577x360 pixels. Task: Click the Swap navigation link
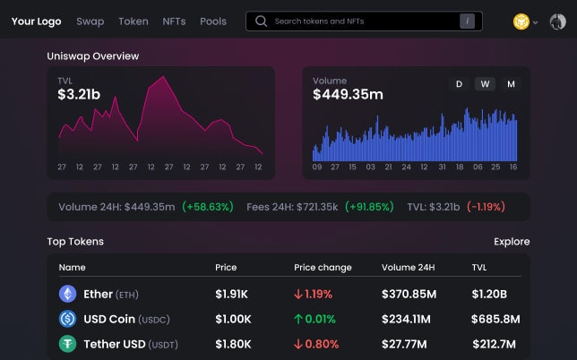tap(90, 21)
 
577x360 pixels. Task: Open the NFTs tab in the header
tap(174, 21)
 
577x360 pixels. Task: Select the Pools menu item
tap(213, 21)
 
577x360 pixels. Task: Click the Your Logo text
tap(36, 21)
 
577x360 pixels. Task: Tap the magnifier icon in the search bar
tap(262, 21)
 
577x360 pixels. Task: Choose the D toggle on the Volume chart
tap(459, 84)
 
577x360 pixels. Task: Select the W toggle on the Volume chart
tap(485, 84)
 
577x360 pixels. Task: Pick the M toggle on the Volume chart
tap(511, 84)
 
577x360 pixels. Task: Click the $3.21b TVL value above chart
tap(78, 94)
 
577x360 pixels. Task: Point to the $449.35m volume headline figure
tap(348, 94)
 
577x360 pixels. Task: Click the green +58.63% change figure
tap(207, 207)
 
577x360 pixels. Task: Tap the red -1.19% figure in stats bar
tap(486, 207)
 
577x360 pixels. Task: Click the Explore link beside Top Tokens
tap(512, 242)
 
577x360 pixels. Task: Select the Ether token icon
tap(67, 294)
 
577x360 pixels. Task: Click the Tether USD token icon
tap(67, 344)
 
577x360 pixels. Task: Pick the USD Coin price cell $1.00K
tap(233, 319)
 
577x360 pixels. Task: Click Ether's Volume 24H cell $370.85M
tap(409, 294)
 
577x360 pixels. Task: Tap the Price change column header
tap(323, 268)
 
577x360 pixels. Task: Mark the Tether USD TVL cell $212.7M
tap(495, 344)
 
